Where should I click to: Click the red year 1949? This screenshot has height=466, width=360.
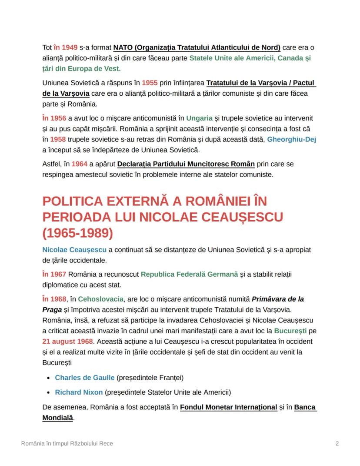coord(70,47)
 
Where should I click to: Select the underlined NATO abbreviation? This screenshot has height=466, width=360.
coord(123,47)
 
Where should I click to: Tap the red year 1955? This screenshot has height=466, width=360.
coord(150,83)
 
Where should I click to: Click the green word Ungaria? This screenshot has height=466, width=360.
coord(199,118)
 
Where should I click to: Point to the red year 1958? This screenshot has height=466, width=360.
coord(58,139)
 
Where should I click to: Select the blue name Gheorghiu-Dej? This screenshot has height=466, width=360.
coord(291,139)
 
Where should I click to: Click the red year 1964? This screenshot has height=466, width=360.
coord(80,164)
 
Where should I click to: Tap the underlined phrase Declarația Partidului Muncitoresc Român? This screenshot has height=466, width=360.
coord(186,164)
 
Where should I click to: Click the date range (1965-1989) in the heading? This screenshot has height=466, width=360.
coord(78,233)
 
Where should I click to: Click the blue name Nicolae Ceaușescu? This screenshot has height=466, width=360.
coord(74,250)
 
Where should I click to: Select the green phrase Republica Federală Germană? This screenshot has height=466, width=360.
coord(189,275)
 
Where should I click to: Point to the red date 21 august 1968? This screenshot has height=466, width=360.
coord(67,342)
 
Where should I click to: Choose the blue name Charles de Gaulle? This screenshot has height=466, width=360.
coord(84,377)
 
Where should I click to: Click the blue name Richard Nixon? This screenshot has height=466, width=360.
coord(79,392)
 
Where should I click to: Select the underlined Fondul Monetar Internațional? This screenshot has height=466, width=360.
coord(228,407)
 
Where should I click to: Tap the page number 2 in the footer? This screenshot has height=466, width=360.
coord(337,443)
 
